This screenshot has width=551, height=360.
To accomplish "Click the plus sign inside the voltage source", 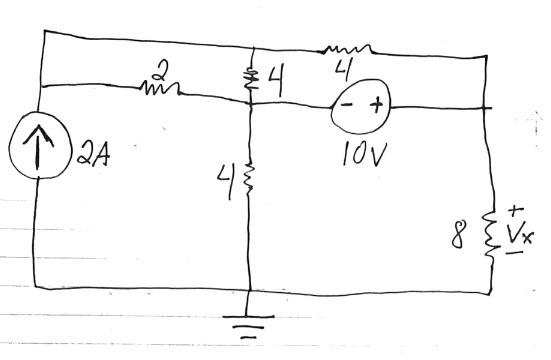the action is click(x=376, y=104).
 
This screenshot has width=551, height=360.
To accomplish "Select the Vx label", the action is click(x=519, y=234).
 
